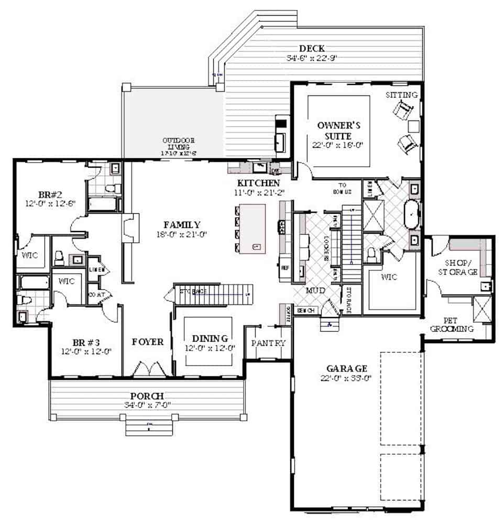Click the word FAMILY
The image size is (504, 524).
[x=182, y=224]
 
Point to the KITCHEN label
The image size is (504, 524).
[x=258, y=183]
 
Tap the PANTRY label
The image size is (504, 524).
[x=268, y=343]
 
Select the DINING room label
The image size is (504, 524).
[x=209, y=338]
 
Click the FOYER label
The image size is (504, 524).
[x=148, y=342]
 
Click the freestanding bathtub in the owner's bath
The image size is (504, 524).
[x=412, y=214]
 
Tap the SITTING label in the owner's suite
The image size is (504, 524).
[x=402, y=95]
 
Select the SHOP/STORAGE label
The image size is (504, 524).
[x=461, y=267]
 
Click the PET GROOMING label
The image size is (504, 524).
[x=452, y=324]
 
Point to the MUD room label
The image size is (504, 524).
[x=315, y=290]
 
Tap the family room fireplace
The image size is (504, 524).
[x=129, y=227]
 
